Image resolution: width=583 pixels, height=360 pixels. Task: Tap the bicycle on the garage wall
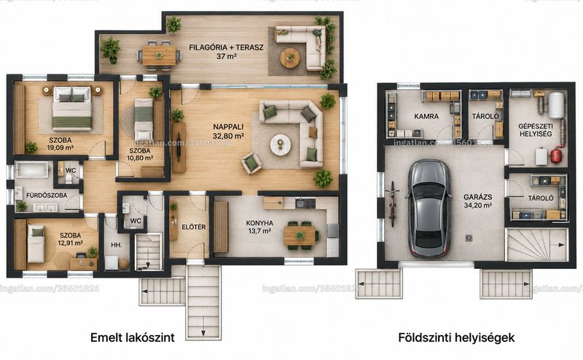(392, 204)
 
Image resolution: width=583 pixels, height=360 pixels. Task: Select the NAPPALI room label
(228, 127)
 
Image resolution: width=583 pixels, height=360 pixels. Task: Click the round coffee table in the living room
(281, 144)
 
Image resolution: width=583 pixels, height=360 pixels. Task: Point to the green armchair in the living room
(251, 163)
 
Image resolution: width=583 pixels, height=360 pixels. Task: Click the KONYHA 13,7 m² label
(259, 227)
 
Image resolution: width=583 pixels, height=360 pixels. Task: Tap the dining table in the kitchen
(300, 236)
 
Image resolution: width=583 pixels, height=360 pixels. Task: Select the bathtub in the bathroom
(32, 171)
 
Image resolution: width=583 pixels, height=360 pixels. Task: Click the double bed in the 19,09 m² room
(72, 109)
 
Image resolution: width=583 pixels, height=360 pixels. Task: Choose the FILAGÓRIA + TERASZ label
(226, 47)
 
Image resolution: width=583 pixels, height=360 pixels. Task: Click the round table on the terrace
(290, 58)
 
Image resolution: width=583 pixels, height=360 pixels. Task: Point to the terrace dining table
(159, 55)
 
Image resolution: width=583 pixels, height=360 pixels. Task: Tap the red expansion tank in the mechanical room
(556, 155)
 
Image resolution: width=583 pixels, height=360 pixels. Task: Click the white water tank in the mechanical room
(556, 104)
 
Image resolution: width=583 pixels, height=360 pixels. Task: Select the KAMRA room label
(426, 117)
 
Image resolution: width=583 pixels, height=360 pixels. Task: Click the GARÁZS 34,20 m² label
(478, 201)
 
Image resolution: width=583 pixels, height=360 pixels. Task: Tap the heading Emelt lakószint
(133, 337)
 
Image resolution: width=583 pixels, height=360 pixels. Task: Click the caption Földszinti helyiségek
(456, 337)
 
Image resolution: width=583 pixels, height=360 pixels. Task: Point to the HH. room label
(117, 245)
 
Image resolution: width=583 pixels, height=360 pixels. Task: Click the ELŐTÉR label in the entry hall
(194, 227)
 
